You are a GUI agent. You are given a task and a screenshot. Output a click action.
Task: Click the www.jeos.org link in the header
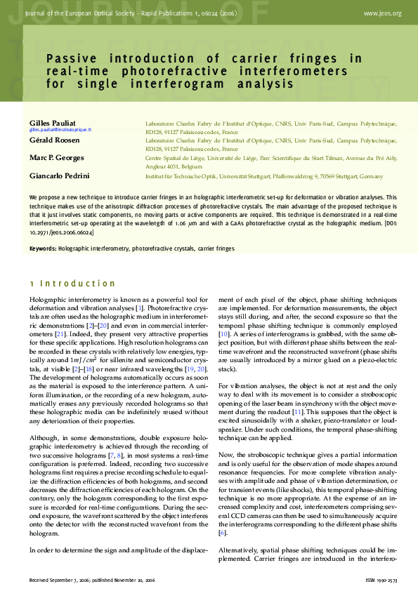383,13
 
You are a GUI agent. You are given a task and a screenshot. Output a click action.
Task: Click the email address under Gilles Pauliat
60,131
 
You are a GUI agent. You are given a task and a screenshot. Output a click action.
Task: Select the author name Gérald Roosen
54,140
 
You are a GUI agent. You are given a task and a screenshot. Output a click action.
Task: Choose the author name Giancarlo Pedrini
60,175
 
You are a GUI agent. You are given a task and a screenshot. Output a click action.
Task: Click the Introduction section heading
77,284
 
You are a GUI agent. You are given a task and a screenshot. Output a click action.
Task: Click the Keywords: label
43,248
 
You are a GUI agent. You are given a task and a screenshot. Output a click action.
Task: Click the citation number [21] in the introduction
60,334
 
